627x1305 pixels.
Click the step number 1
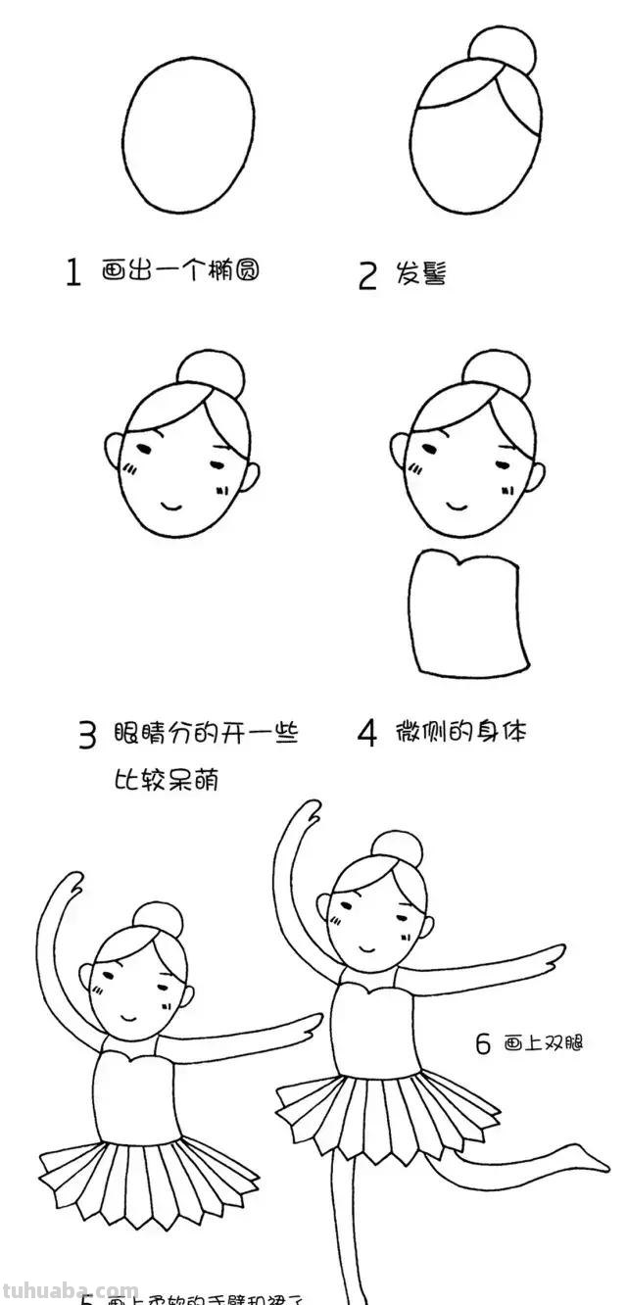72,272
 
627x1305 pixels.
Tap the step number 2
367,275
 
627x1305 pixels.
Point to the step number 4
366,734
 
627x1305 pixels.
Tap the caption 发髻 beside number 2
421,273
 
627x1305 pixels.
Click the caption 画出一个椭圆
181,270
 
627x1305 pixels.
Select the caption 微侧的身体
460,732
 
